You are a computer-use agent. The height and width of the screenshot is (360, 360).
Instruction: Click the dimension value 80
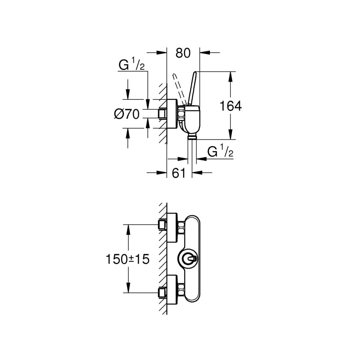183,53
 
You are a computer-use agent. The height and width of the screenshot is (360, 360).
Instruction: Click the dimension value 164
231,106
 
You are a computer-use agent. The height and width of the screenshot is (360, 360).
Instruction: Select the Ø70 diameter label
127,114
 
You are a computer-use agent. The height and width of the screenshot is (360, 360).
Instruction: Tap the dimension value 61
179,173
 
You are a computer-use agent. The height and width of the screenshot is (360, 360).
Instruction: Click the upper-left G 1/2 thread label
131,65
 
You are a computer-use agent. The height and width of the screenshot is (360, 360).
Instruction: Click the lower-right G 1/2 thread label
220,152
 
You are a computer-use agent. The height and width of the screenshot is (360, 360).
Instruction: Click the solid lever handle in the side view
192,89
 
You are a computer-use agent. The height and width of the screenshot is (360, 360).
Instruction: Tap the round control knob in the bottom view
187,259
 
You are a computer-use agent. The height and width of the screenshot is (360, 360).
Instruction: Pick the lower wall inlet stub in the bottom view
162,292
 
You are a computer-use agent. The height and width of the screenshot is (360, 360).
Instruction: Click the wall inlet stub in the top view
162,114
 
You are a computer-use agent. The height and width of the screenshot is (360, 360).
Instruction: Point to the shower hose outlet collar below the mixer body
192,137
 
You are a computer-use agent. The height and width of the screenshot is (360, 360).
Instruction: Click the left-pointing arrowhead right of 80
205,53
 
